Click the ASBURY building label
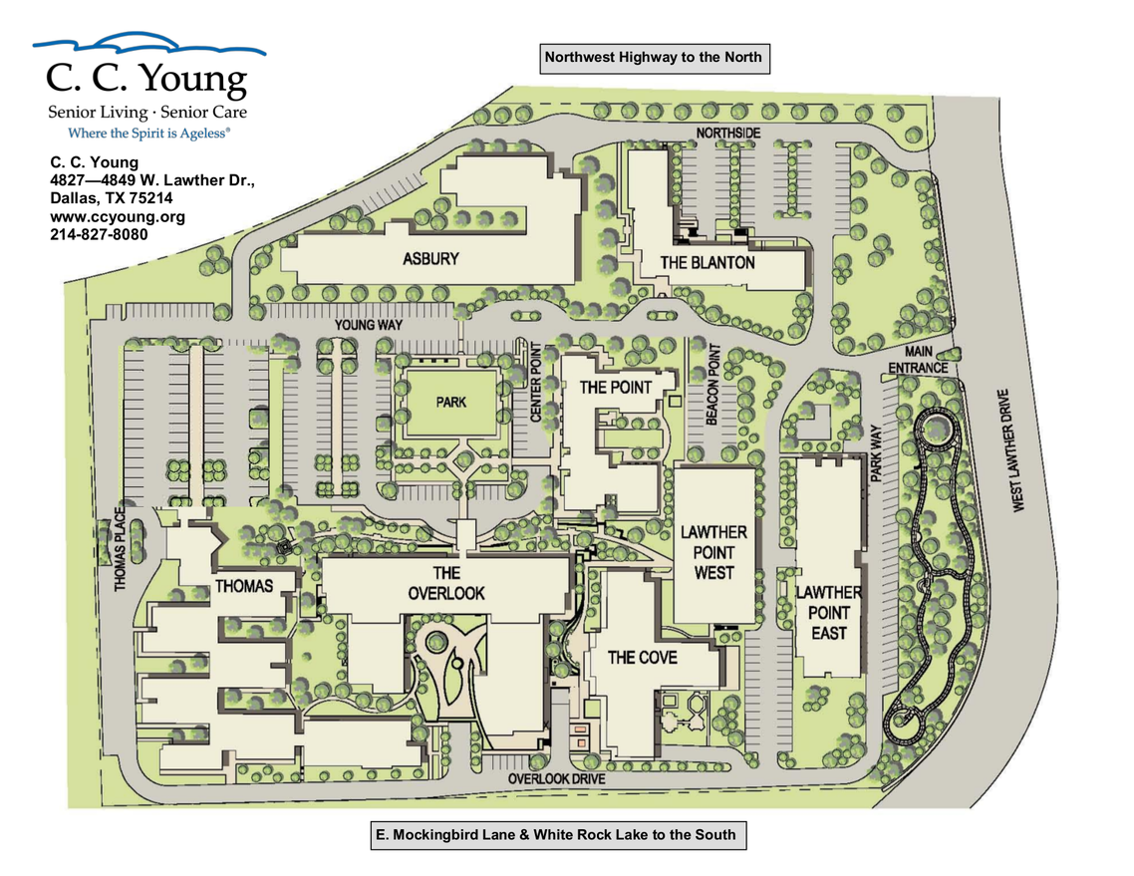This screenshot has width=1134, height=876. coord(430,259)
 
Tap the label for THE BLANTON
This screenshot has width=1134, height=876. coord(708,263)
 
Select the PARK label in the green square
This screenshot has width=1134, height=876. coord(450,403)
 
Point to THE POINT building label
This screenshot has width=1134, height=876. coord(616,387)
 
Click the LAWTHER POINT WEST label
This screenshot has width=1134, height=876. coord(713,552)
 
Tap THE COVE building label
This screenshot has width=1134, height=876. coord(643,657)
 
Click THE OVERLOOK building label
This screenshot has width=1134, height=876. coord(445,582)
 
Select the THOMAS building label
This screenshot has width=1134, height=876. coord(244,586)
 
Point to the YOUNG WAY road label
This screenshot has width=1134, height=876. coord(368,325)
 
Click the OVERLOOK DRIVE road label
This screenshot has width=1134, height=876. coord(556,778)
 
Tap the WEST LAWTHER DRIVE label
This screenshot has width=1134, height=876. coord(1017,450)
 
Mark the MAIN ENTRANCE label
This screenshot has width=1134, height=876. coord(919,360)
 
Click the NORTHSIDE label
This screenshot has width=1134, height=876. coord(728,134)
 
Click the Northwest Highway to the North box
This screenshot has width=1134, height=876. coord(654,58)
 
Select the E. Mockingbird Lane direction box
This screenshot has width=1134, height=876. coord(555,835)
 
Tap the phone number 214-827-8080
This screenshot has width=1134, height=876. coord(99,234)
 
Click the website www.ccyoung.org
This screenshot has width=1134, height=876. coord(118,216)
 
